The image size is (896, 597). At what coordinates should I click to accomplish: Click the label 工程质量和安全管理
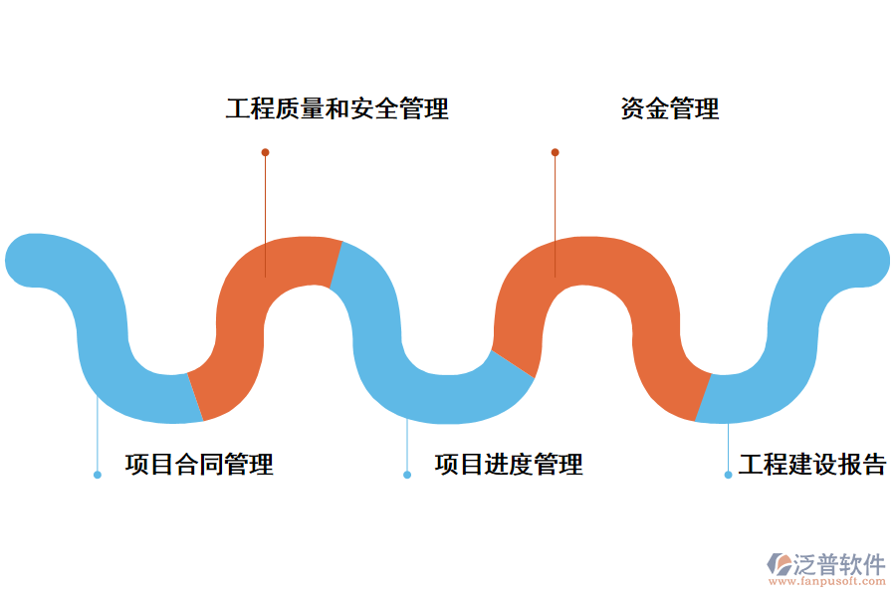(x=336, y=108)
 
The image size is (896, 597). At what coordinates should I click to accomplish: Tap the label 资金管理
(x=669, y=108)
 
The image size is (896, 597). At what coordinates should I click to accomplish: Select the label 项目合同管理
(x=199, y=464)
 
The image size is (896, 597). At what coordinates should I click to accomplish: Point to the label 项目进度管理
(x=509, y=464)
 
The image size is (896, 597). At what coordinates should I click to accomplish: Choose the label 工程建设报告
(x=812, y=464)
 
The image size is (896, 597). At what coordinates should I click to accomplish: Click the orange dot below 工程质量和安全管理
(x=265, y=152)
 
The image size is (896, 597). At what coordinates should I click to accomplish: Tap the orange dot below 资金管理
(x=555, y=152)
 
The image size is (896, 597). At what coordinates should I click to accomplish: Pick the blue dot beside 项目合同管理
(x=98, y=475)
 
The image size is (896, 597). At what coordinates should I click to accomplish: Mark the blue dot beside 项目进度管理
(x=406, y=475)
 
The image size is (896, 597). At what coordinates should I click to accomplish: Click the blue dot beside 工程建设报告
(x=728, y=475)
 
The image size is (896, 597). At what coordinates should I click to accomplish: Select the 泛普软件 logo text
(x=838, y=564)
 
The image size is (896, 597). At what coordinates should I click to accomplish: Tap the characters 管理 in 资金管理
(x=694, y=108)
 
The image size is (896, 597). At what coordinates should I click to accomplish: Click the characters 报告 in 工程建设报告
(x=862, y=464)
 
